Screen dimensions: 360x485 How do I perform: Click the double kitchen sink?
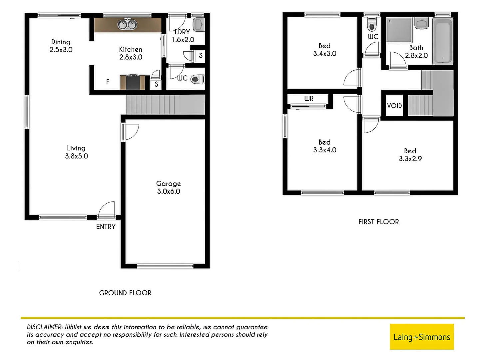click(x=127, y=24)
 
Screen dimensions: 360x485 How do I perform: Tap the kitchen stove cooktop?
click(x=133, y=82)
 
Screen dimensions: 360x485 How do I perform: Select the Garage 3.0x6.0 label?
click(x=169, y=187)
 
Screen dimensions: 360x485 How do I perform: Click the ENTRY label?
click(x=106, y=227)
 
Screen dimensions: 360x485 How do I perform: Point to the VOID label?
click(x=394, y=106)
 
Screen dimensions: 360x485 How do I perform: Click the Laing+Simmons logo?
click(x=422, y=337)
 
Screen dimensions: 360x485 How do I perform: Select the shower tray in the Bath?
click(x=399, y=30)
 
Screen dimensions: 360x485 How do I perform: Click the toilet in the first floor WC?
click(x=372, y=24)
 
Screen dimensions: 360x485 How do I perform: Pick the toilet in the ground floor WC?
click(x=197, y=79)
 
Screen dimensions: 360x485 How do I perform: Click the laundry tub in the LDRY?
click(x=198, y=24)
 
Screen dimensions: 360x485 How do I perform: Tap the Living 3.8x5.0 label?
click(x=76, y=152)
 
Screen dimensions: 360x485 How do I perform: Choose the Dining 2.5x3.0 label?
click(x=61, y=46)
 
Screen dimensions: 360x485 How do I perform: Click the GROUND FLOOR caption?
click(x=125, y=293)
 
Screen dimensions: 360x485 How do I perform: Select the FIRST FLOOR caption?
click(x=378, y=222)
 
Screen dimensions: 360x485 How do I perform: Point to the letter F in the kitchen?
click(x=108, y=82)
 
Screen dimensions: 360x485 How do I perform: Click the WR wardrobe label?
click(x=308, y=99)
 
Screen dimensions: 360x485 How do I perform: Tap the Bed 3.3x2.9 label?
click(x=410, y=155)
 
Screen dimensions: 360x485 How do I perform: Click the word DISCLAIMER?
click(x=45, y=327)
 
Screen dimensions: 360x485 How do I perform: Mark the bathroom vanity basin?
click(x=422, y=24)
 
